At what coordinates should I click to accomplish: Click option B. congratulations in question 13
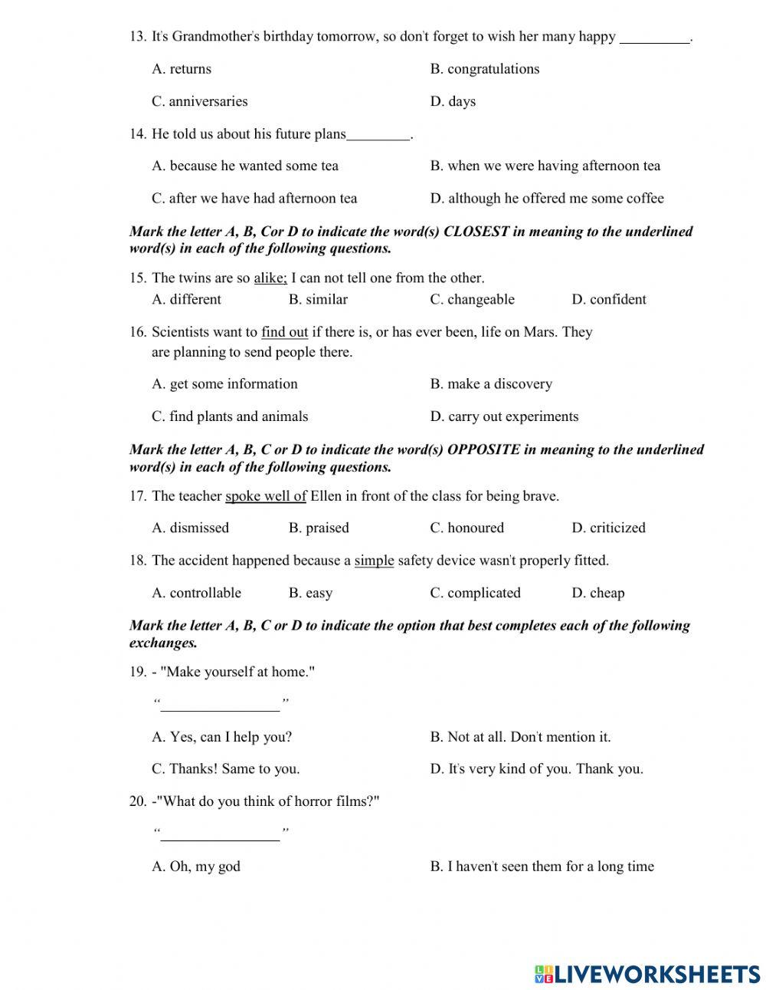pyautogui.click(x=484, y=69)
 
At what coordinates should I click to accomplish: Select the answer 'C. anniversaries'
pyautogui.click(x=199, y=101)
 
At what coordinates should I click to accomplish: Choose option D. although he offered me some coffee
pyautogui.click(x=547, y=199)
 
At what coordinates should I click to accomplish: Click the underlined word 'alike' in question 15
pyautogui.click(x=270, y=278)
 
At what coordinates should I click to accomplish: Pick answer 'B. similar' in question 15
pyautogui.click(x=318, y=300)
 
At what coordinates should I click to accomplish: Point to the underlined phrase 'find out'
pyautogui.click(x=284, y=333)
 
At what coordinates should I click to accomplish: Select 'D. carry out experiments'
pyautogui.click(x=504, y=417)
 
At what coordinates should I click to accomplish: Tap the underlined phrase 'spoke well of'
pyautogui.click(x=265, y=496)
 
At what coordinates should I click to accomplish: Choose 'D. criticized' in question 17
pyautogui.click(x=608, y=528)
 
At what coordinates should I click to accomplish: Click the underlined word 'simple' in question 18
pyautogui.click(x=374, y=561)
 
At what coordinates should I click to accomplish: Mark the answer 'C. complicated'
pyautogui.click(x=475, y=594)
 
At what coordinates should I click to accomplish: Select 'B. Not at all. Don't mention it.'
pyautogui.click(x=520, y=738)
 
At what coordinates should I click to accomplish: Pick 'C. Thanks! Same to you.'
pyautogui.click(x=225, y=769)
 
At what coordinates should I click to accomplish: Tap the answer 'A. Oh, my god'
pyautogui.click(x=196, y=867)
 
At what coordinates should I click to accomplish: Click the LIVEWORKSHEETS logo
pyautogui.click(x=647, y=974)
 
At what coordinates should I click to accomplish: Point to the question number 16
pyautogui.click(x=137, y=333)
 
